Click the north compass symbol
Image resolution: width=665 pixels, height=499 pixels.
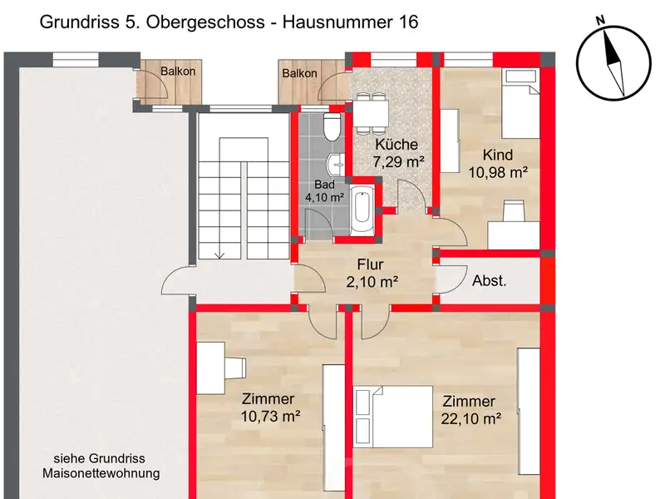tap(613, 63)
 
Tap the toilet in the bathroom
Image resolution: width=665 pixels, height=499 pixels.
tap(332, 127)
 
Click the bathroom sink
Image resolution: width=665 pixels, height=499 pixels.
tap(336, 164)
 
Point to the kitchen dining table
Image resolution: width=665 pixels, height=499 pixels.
tap(371, 113)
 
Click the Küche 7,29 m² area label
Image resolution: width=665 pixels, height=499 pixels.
tap(397, 153)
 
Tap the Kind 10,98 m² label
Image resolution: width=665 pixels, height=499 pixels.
tap(498, 163)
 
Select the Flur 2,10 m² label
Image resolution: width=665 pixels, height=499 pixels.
tap(372, 273)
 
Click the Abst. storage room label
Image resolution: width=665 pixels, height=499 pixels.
tap(490, 280)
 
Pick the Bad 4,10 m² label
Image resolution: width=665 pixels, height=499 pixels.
tap(324, 191)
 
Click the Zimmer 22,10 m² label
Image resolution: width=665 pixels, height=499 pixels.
tap(470, 410)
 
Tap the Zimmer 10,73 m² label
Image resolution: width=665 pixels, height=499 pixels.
tap(270, 408)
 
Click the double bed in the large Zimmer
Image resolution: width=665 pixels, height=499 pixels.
tap(393, 417)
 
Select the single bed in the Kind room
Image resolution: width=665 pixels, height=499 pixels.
tap(521, 103)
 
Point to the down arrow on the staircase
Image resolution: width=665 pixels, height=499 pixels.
tap(219, 253)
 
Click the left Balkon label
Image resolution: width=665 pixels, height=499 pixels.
tap(178, 72)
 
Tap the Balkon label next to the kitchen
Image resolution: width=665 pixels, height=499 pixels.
tap(299, 73)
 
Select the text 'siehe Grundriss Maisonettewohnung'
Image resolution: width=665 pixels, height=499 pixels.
tap(101, 466)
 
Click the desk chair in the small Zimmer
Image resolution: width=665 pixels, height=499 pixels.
tap(235, 368)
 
